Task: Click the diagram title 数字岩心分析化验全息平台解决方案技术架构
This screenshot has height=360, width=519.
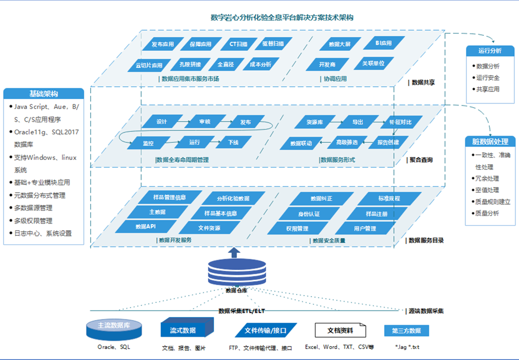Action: coord(282,17)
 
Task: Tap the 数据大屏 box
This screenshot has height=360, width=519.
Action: coord(340,45)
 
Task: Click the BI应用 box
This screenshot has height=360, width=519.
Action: coord(383,43)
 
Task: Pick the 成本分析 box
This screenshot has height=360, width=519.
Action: coord(260,64)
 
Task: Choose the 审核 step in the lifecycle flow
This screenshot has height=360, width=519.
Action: coord(205,122)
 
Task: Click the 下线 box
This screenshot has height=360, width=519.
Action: coord(233,142)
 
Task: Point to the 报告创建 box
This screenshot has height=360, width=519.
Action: coord(388,142)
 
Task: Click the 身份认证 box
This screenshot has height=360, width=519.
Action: coord(309,214)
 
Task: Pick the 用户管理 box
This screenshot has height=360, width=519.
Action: coord(365,229)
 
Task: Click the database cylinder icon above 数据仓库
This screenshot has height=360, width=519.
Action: coord(235,273)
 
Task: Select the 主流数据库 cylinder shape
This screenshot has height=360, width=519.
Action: coord(114,328)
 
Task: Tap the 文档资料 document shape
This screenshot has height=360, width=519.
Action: coord(341,330)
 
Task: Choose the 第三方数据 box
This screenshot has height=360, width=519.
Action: coord(406,331)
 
